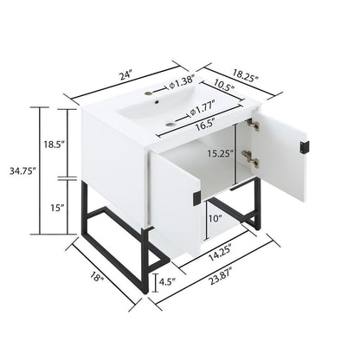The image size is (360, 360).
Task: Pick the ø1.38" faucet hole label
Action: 185,84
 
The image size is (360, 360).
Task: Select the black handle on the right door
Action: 302,147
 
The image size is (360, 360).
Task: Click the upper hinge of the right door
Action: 252,126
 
